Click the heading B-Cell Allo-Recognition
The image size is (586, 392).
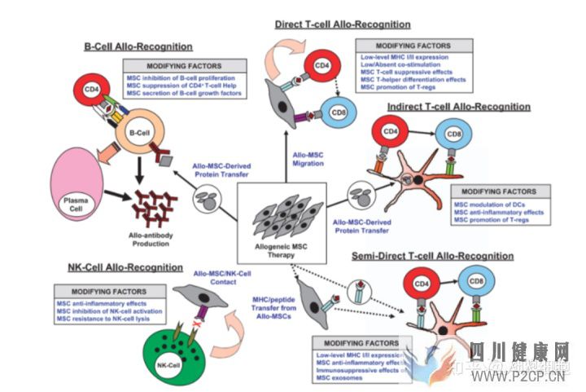138,46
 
